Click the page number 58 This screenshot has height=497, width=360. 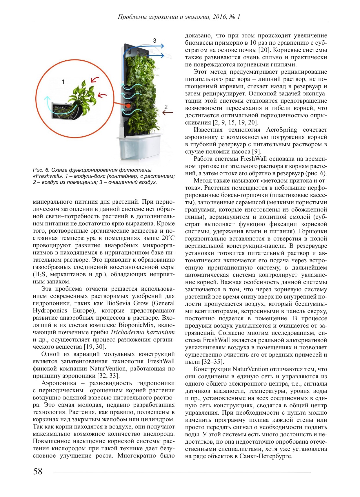pyautogui.click(x=38, y=471)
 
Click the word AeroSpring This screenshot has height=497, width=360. pyautogui.click(x=281, y=130)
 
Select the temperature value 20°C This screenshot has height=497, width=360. pyautogui.click(x=168, y=238)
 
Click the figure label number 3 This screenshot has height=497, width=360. pyautogui.click(x=155, y=41)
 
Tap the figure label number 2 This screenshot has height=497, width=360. pyautogui.click(x=166, y=107)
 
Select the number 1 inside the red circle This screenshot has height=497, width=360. pyautogui.click(x=63, y=82)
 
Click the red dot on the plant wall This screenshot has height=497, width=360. pyautogui.click(x=128, y=106)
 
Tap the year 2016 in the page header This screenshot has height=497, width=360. pyautogui.click(x=220, y=17)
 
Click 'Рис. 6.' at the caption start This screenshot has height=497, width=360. pyautogui.click(x=41, y=170)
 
